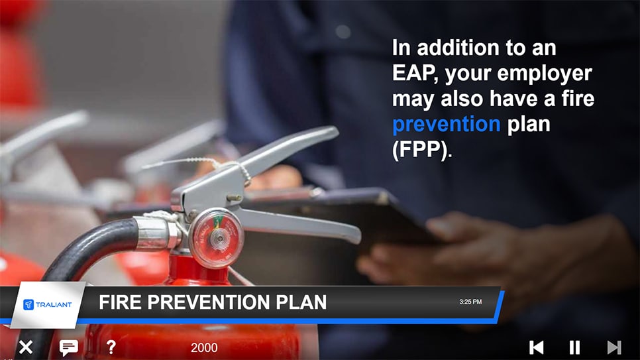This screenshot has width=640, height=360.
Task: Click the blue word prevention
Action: coord(446,124)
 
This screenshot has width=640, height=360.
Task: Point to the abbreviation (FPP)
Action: coord(421,149)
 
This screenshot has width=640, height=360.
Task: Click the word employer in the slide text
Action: coord(544,74)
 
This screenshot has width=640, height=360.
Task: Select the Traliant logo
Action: coord(47,304)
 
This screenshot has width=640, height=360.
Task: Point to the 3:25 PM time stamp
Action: coord(470,302)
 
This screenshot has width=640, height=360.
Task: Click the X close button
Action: coord(26,347)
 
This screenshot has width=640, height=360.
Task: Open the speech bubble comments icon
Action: coord(69,347)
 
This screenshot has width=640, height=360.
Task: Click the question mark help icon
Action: coord(111,347)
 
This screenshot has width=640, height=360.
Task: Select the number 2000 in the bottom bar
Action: coord(204,348)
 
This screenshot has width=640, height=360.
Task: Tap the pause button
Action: coord(574,347)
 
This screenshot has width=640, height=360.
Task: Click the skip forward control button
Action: coord(614,347)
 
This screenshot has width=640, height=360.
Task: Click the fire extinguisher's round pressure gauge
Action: coord(217,237)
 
